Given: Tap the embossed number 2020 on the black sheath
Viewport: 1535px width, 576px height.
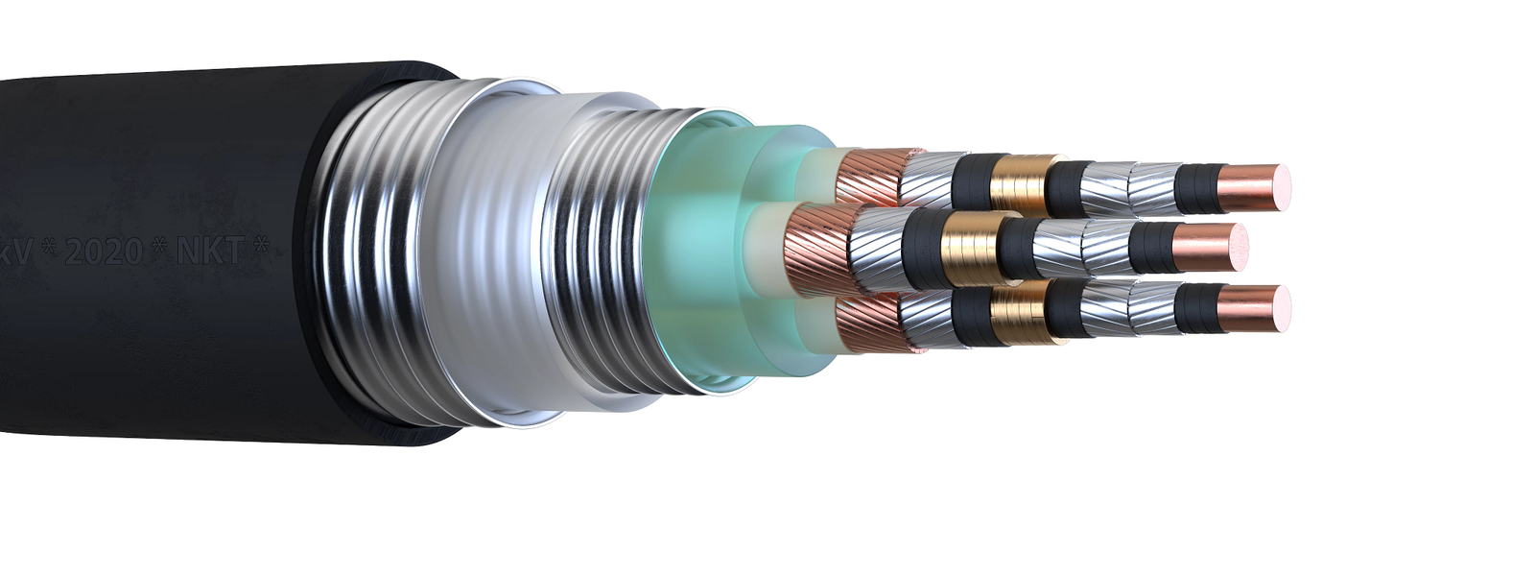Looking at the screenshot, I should pos(106,252).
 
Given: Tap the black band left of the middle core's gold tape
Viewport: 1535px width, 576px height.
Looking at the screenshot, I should pos(923,245).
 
